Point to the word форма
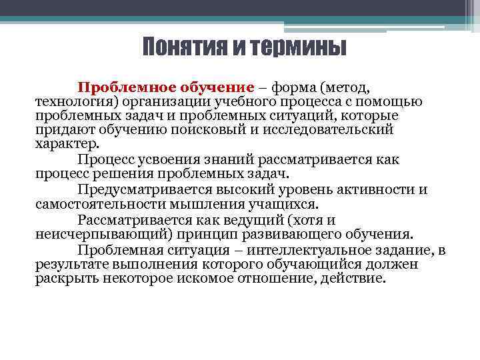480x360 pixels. pyautogui.click(x=291, y=87)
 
